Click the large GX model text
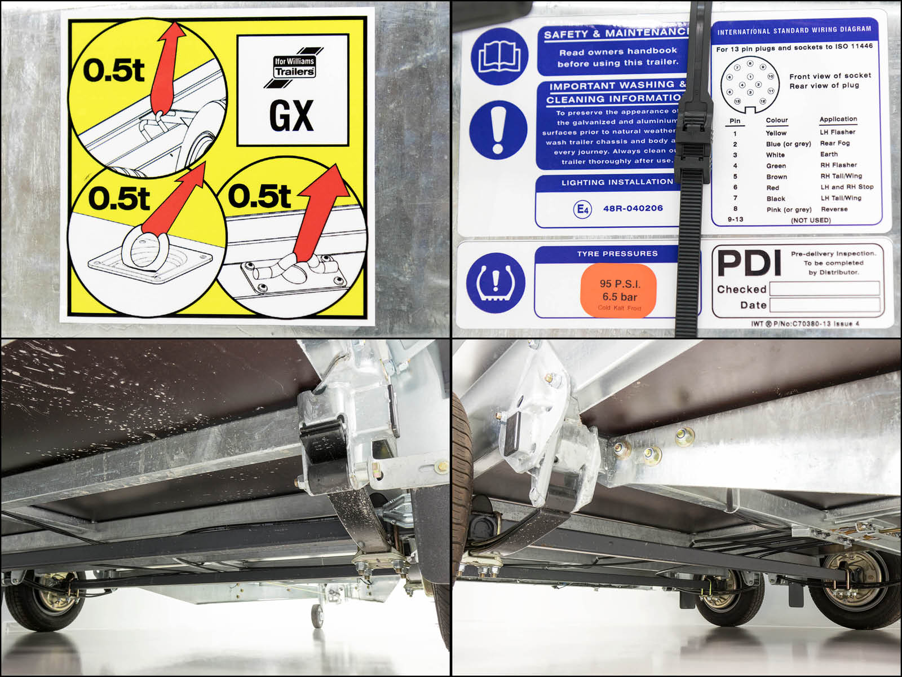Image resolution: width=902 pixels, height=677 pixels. pyautogui.click(x=291, y=116)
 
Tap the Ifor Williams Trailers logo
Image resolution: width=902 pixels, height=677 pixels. pyautogui.click(x=294, y=67)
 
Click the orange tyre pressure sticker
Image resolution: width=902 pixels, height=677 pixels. pyautogui.click(x=619, y=291)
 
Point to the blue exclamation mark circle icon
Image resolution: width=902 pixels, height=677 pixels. pyautogui.click(x=497, y=130)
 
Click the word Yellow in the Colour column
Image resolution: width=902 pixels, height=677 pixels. pyautogui.click(x=776, y=133)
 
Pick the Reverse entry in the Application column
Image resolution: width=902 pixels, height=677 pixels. pyautogui.click(x=834, y=209)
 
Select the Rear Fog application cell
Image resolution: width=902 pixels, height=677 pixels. pyautogui.click(x=834, y=143)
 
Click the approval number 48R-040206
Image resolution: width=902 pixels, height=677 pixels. pyautogui.click(x=633, y=208)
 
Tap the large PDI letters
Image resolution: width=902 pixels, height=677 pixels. pyautogui.click(x=749, y=262)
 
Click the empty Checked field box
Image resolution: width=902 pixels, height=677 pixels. pyautogui.click(x=824, y=289)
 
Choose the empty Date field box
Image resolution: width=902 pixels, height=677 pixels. pyautogui.click(x=824, y=305)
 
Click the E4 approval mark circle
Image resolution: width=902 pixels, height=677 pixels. pyautogui.click(x=582, y=209)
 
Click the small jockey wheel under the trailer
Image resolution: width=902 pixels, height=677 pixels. pyautogui.click(x=317, y=616)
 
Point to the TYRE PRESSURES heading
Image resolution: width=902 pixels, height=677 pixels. pyautogui.click(x=617, y=254)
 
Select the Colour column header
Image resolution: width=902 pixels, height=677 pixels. pyautogui.click(x=776, y=120)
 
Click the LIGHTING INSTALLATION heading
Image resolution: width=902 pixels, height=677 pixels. pyautogui.click(x=617, y=182)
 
